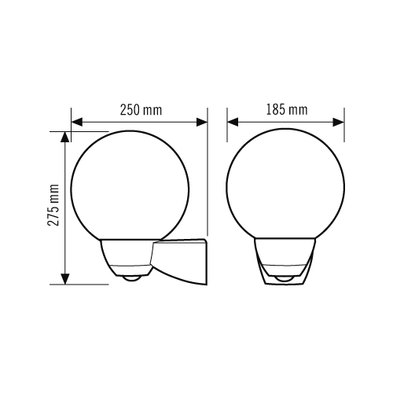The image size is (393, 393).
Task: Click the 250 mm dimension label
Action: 141,110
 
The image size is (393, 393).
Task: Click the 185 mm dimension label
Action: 287,110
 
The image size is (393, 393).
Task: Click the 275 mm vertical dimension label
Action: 53,205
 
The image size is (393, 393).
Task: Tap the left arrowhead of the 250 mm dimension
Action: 77,122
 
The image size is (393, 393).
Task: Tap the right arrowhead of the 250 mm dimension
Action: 202,122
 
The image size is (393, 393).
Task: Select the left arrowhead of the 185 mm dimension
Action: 233,122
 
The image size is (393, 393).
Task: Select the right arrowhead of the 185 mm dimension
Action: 339,122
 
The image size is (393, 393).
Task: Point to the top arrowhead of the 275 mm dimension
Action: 65,137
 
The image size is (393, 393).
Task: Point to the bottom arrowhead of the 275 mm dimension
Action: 65,279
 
